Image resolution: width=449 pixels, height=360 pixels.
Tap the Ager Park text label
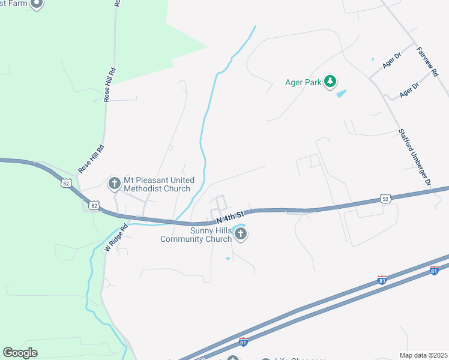(304, 83)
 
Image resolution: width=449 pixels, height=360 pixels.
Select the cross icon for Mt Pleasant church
(115, 183)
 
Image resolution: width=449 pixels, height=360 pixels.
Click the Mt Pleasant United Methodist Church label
(159, 184)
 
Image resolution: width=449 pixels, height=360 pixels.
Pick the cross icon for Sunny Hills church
(241, 234)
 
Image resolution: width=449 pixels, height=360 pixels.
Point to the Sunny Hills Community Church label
(196, 235)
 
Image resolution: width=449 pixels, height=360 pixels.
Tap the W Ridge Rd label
(116, 238)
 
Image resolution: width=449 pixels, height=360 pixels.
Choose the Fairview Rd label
(427, 61)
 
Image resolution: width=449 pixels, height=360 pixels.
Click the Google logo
(20, 353)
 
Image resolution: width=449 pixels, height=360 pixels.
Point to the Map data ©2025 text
(424, 355)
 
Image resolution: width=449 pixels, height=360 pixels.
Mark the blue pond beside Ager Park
(341, 94)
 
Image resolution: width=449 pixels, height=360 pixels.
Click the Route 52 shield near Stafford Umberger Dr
(386, 198)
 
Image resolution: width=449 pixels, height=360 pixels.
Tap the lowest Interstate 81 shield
(243, 341)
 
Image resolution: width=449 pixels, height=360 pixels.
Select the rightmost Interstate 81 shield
(434, 271)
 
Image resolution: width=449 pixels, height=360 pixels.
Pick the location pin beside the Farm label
(36, 4)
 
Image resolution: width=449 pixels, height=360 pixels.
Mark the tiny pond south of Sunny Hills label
(228, 259)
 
